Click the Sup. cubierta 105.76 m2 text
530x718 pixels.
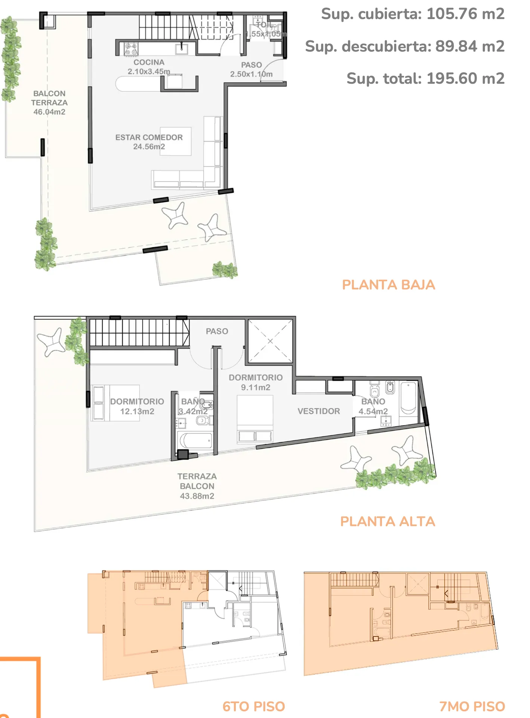pyautogui.click(x=413, y=14)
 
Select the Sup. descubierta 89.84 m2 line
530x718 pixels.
pyautogui.click(x=405, y=46)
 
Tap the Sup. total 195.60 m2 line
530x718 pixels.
pyautogui.click(x=425, y=79)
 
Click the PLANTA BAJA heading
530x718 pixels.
pyautogui.click(x=388, y=285)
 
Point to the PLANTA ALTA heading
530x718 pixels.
pyautogui.click(x=388, y=521)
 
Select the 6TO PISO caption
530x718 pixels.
pyautogui.click(x=253, y=706)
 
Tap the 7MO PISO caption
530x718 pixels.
pyautogui.click(x=472, y=706)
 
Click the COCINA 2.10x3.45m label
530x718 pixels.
pyautogui.click(x=149, y=67)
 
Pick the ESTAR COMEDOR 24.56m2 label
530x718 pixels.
pyautogui.click(x=149, y=142)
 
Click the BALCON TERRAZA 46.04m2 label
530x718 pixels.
pyautogui.click(x=49, y=102)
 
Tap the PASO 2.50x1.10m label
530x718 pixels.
pyautogui.click(x=251, y=70)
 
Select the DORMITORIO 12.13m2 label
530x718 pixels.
pyautogui.click(x=137, y=406)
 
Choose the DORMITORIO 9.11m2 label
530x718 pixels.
pyautogui.click(x=256, y=383)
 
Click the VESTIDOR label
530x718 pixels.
pyautogui.click(x=319, y=411)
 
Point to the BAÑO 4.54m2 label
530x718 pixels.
pyautogui.click(x=373, y=406)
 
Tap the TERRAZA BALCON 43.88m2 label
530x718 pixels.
pyautogui.click(x=197, y=486)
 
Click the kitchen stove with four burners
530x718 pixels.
pyautogui.click(x=131, y=49)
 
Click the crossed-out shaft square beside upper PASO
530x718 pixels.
pyautogui.click(x=270, y=341)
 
